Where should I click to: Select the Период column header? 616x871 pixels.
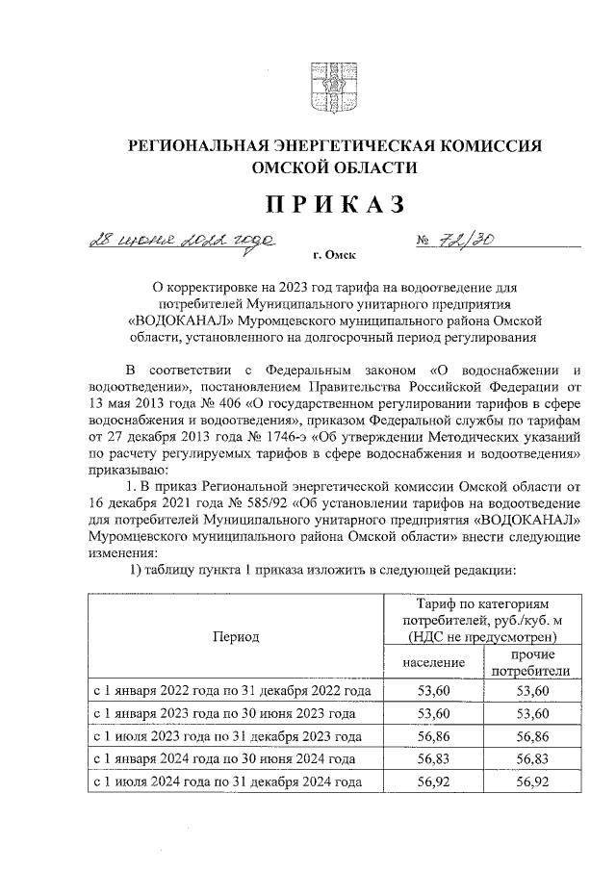tap(236, 636)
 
